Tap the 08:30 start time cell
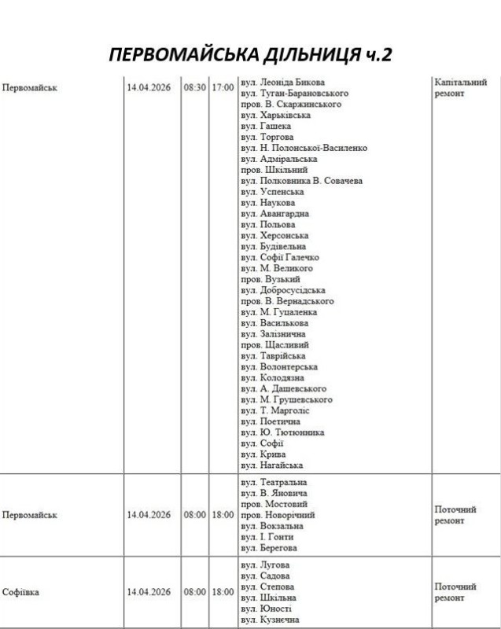195,87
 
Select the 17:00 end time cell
223,87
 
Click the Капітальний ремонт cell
460,87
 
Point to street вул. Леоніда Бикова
283,83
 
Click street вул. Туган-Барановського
294,94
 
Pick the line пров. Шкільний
274,170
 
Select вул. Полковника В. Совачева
301,181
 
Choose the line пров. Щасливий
274,344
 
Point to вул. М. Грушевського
286,399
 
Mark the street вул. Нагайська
272,465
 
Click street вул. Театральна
274,482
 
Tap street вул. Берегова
269,548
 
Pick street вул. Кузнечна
270,620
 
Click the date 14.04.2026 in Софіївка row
149,592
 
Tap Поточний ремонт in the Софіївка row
455,592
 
